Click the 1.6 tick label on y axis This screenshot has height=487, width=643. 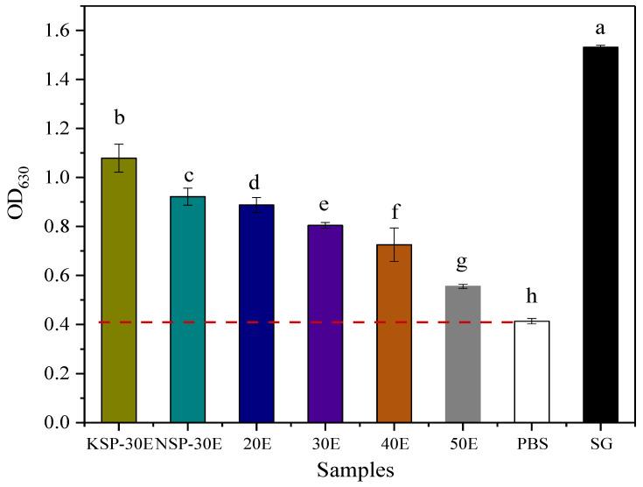[x=66, y=31]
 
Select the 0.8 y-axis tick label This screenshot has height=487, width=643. [x=66, y=227]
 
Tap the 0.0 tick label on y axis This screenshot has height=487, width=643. [x=66, y=423]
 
